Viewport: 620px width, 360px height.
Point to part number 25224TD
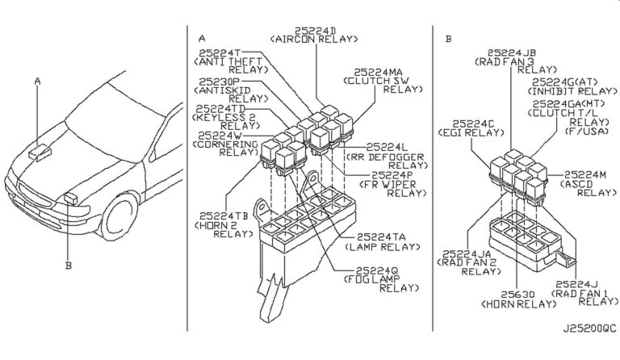(220, 108)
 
